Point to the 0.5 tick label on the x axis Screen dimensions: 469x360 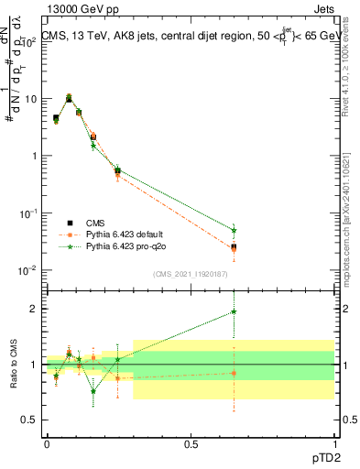tap(191, 443)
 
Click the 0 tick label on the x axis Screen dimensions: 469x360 tap(47, 443)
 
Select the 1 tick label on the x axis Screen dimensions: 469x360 tap(334, 443)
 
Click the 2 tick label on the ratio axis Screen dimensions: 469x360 tap(32, 309)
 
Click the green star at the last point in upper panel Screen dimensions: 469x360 tap(235, 231)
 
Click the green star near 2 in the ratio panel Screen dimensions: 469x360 tap(235, 311)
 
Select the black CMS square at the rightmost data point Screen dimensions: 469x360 tap(235, 247)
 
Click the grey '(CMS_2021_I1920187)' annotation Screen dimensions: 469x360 tap(190, 274)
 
